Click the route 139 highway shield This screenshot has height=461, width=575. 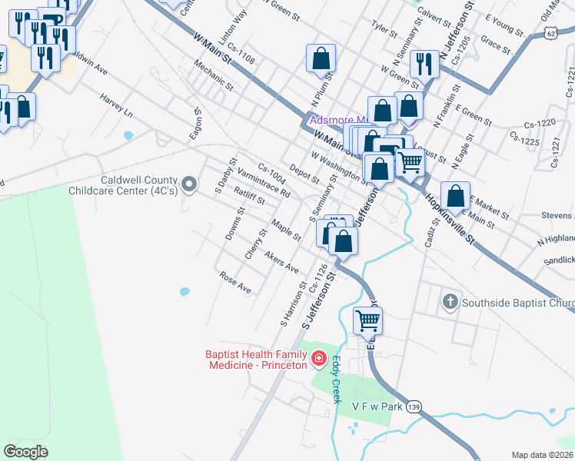coord(414,406)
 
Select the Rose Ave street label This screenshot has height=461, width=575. coord(235,283)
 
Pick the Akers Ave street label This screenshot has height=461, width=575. coord(281,262)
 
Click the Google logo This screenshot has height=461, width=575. coord(26,452)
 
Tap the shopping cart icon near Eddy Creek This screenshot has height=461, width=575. coord(368,320)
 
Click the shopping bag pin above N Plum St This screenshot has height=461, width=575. coord(321,58)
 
